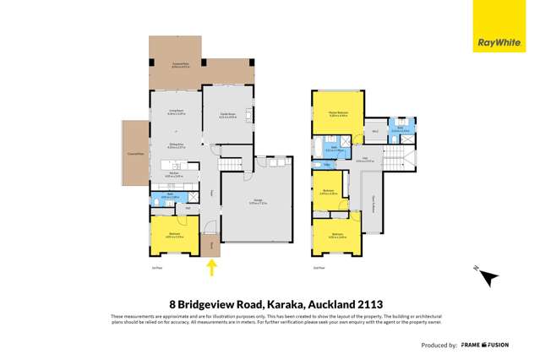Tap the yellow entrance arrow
tap(212, 267)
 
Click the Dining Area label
tap(175, 147)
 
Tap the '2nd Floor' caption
tap(318, 269)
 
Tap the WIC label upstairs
tap(374, 131)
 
